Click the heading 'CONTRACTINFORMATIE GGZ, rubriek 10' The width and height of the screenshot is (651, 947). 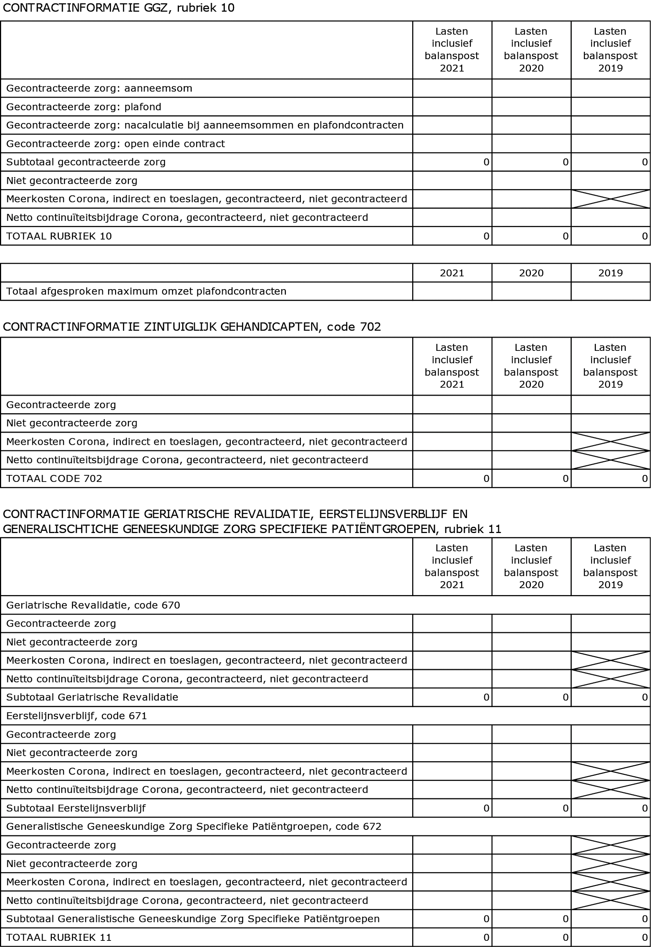(x=118, y=8)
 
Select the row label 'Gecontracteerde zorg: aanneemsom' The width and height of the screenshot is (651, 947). (x=99, y=89)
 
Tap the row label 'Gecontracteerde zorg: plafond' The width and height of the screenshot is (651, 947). (x=84, y=107)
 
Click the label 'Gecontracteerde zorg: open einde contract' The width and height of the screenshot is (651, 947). (x=115, y=144)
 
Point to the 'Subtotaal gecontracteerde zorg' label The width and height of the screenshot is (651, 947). (x=86, y=162)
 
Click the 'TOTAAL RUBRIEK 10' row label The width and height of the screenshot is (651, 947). (x=59, y=236)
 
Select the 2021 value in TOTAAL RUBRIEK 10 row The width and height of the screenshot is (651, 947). (x=486, y=236)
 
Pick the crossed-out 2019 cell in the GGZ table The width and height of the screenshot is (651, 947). (x=610, y=199)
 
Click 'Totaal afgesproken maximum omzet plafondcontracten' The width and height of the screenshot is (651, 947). (x=146, y=292)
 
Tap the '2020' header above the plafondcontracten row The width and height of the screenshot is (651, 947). (x=531, y=273)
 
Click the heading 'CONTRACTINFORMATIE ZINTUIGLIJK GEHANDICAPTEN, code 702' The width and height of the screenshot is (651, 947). (x=192, y=327)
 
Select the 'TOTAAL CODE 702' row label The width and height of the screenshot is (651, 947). (x=54, y=479)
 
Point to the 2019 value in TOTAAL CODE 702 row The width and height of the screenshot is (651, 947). (x=644, y=479)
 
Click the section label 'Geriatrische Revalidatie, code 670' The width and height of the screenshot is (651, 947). (x=93, y=605)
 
